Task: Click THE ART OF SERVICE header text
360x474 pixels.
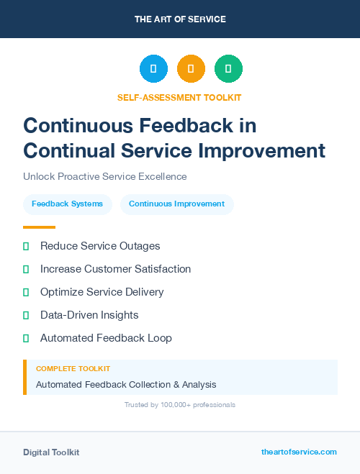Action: tap(180, 19)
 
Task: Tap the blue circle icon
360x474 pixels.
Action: tap(153, 69)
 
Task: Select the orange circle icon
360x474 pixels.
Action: tap(191, 69)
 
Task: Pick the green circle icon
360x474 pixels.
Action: tap(228, 69)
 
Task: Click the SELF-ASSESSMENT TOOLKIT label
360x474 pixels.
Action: tap(179, 97)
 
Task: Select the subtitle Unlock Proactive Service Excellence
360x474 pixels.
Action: tap(105, 176)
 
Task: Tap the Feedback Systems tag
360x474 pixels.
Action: tap(67, 204)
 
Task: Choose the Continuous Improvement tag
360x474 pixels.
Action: tap(176, 204)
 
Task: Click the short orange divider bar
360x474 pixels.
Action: tap(39, 227)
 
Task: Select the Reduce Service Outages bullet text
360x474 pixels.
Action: tap(100, 246)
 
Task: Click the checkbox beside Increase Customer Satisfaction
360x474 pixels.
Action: tap(26, 269)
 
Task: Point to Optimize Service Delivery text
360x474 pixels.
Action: tap(102, 292)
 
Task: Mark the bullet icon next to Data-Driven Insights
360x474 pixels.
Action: tap(26, 315)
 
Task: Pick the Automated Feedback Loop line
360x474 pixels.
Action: tap(106, 338)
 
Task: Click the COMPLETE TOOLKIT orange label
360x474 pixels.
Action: tap(73, 368)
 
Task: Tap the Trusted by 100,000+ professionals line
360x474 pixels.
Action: tap(180, 405)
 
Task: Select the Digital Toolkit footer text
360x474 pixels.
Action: tap(51, 452)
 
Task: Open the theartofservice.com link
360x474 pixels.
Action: tap(299, 452)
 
